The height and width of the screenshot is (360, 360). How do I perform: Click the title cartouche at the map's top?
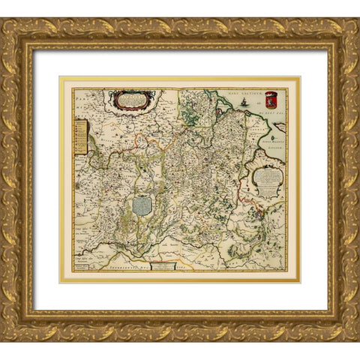click(134, 100)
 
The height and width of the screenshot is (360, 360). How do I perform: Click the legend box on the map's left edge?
click(80, 139)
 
